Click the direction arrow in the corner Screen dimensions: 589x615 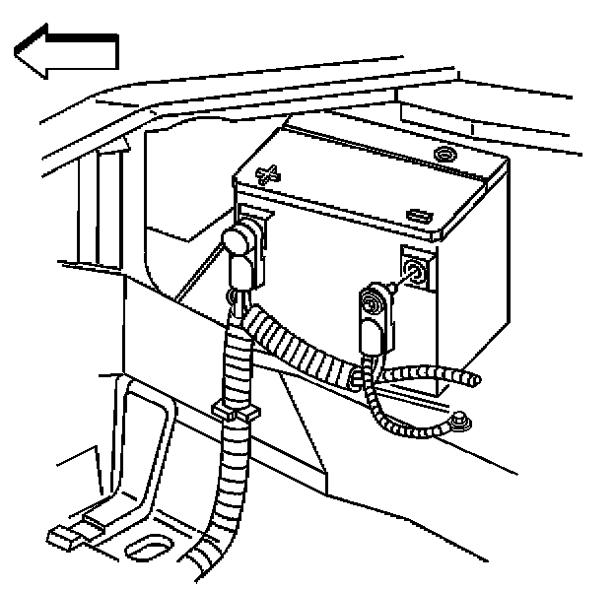(x=67, y=54)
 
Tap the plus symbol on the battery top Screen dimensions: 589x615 (x=266, y=175)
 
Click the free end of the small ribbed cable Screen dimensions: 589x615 (x=475, y=379)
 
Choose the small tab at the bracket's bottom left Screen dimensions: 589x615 (x=61, y=539)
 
